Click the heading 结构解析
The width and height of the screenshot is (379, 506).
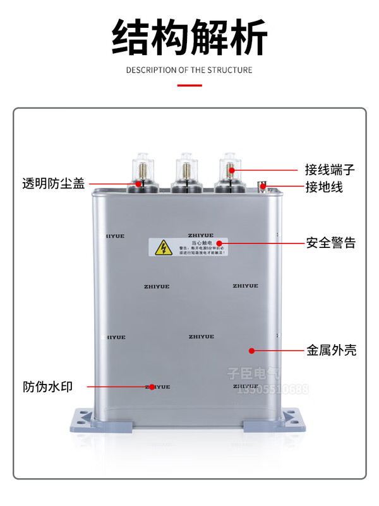[x=189, y=36]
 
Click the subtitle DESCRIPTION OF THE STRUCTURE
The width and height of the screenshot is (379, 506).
[x=189, y=70]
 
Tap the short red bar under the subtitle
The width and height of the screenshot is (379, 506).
[x=189, y=85]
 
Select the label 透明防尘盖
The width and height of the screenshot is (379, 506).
[x=54, y=185]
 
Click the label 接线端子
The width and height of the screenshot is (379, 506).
[x=330, y=170]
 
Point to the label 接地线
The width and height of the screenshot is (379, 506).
[x=324, y=187]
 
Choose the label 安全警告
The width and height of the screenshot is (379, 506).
[x=330, y=243]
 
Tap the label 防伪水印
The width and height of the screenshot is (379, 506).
[x=54, y=386]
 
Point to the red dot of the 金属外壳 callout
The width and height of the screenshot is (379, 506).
[x=251, y=350]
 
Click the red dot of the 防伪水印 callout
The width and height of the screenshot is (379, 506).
[x=151, y=386]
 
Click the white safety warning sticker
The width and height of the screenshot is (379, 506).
[x=188, y=247]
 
